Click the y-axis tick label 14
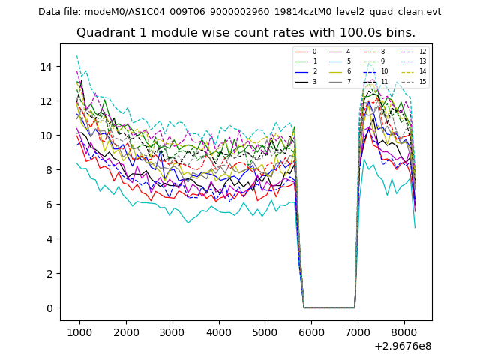tap(46, 67)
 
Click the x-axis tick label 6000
tap(311, 331)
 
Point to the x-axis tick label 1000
tap(79, 331)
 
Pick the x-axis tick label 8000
tap(404, 331)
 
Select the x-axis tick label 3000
tap(172, 331)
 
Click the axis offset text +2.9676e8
tap(403, 346)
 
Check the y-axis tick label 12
tap(46, 101)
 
